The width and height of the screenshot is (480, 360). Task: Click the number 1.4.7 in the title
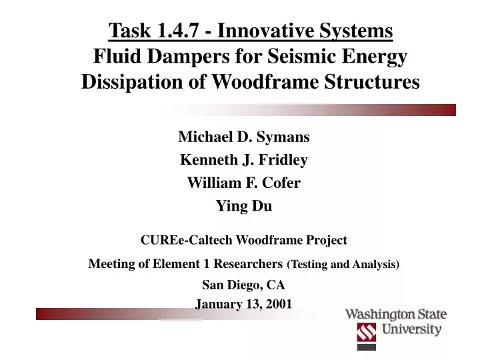pos(177,30)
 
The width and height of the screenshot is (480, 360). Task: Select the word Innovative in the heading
pos(266,30)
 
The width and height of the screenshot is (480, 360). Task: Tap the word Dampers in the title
pos(188,56)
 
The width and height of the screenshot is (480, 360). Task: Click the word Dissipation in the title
pos(132,82)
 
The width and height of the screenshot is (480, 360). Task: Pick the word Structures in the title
pos(372,82)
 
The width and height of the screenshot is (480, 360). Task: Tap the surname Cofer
pos(281,183)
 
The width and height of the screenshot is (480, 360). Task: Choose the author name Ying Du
pos(244,206)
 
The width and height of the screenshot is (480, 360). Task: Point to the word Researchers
pos(248,263)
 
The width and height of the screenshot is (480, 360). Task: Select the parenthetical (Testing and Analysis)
pos(343,264)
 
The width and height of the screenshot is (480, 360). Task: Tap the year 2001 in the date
pos(279,304)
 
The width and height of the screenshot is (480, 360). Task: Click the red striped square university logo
pos(367,333)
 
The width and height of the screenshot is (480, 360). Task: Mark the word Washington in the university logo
pos(379,315)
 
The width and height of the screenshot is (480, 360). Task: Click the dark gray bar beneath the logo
pos(367,347)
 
